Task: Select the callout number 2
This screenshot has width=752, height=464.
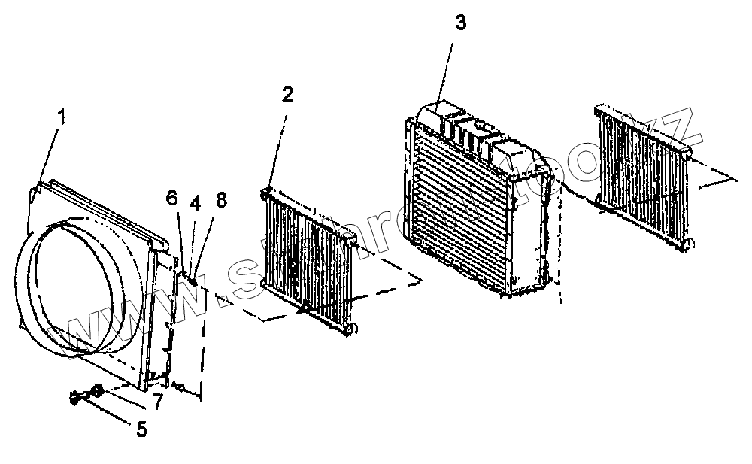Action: pos(287,95)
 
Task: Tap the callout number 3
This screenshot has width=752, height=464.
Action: pos(461,23)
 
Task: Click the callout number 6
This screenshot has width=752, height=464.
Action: pos(172,198)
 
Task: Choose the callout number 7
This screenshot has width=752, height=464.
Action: pos(157,403)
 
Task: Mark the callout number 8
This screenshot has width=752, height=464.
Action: pos(221,201)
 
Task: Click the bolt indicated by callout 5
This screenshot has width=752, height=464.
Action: pos(76,398)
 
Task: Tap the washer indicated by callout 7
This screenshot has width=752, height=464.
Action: pos(97,390)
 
